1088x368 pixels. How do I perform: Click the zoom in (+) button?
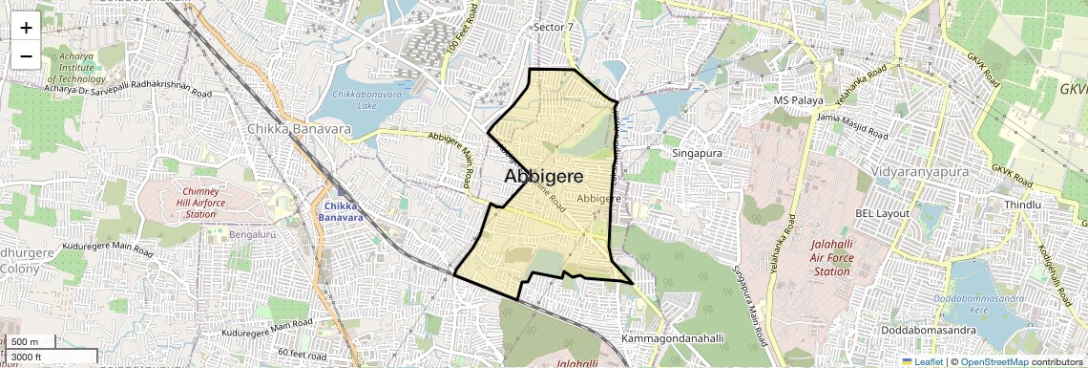(26, 28)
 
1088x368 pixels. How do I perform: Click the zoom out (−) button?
(26, 55)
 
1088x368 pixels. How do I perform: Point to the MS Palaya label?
(798, 100)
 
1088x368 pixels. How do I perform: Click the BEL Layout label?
(882, 212)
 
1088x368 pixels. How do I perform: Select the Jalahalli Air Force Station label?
(829, 258)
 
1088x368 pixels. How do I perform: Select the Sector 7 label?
(554, 27)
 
